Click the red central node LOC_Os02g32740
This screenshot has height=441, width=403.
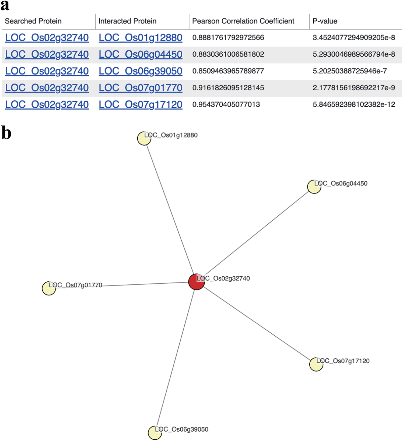[x=196, y=281]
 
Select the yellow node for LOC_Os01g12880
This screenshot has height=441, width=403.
[x=144, y=138]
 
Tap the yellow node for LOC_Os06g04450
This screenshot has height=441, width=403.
[x=314, y=187]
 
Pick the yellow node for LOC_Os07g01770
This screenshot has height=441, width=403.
[x=49, y=288]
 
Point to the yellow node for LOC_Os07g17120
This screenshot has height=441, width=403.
[x=316, y=364]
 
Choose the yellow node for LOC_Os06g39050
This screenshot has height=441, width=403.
[x=155, y=432]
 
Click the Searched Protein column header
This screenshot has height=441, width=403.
[x=33, y=21]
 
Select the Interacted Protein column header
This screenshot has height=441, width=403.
[x=127, y=21]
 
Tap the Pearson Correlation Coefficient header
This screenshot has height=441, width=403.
[x=243, y=21]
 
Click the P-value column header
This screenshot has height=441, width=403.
[x=325, y=21]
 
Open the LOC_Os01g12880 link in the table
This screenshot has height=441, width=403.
[x=140, y=38]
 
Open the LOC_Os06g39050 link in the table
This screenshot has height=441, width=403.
[x=140, y=71]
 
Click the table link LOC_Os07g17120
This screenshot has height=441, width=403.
[x=140, y=105]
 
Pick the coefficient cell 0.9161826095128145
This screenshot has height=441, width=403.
[x=228, y=88]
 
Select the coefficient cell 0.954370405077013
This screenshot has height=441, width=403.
[x=226, y=105]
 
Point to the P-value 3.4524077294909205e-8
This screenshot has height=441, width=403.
[x=354, y=38]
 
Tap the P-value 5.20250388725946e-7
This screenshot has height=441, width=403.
[x=350, y=71]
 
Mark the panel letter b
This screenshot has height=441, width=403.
[x=6, y=133]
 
